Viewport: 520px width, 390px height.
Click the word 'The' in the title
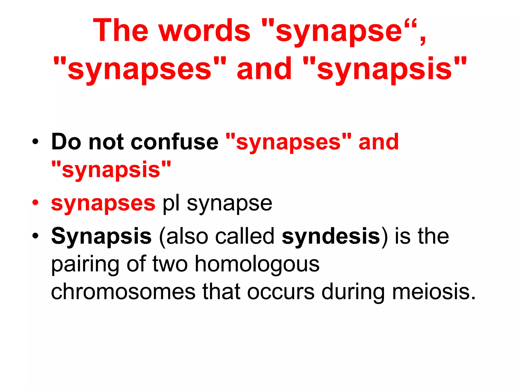120,30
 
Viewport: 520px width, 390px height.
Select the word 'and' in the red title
264,69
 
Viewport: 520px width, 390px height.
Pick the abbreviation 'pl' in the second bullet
171,203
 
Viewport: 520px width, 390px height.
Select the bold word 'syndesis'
331,236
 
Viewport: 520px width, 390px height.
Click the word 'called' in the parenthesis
245,236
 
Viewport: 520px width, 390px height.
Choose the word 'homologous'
257,264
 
